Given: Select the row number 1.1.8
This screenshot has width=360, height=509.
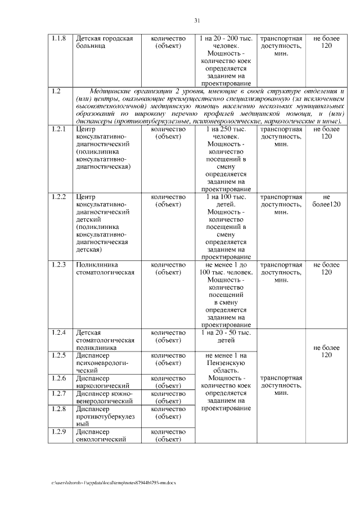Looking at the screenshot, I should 58,39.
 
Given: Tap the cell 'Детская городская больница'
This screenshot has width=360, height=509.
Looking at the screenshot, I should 104,43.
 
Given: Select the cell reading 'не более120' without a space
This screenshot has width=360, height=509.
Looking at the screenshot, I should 326,201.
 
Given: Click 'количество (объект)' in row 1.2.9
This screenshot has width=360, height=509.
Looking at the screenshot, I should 168,435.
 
